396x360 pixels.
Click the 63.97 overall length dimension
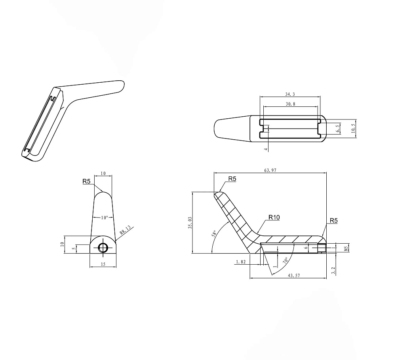[270, 170]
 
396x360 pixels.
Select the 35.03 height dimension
[190, 223]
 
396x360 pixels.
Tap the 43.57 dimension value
[294, 275]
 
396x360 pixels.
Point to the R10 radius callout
[274, 217]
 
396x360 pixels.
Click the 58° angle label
[214, 234]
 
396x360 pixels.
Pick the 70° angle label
[286, 260]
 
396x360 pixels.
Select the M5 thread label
[346, 248]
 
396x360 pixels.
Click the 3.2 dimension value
[333, 271]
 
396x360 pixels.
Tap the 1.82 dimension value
[241, 262]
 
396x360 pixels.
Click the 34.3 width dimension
[290, 95]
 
